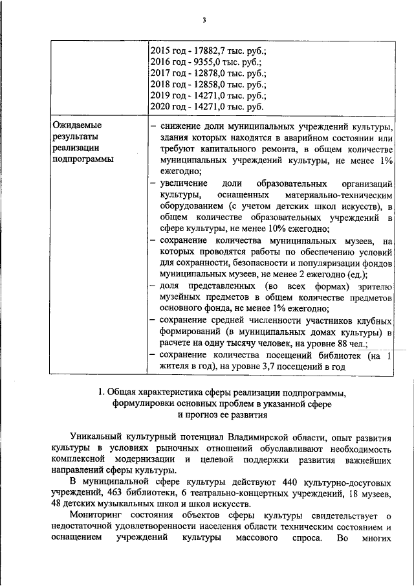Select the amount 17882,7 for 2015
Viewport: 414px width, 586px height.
click(x=202, y=50)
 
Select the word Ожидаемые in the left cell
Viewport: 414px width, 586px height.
click(x=77, y=124)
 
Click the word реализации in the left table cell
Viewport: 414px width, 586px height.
click(x=76, y=148)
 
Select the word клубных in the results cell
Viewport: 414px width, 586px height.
click(x=375, y=321)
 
